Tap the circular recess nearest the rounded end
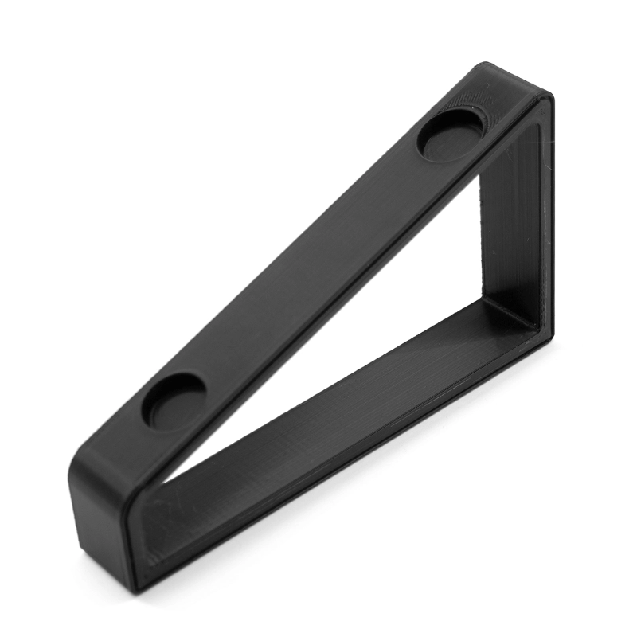pos(174,400)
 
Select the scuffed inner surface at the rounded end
pos(159,526)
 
